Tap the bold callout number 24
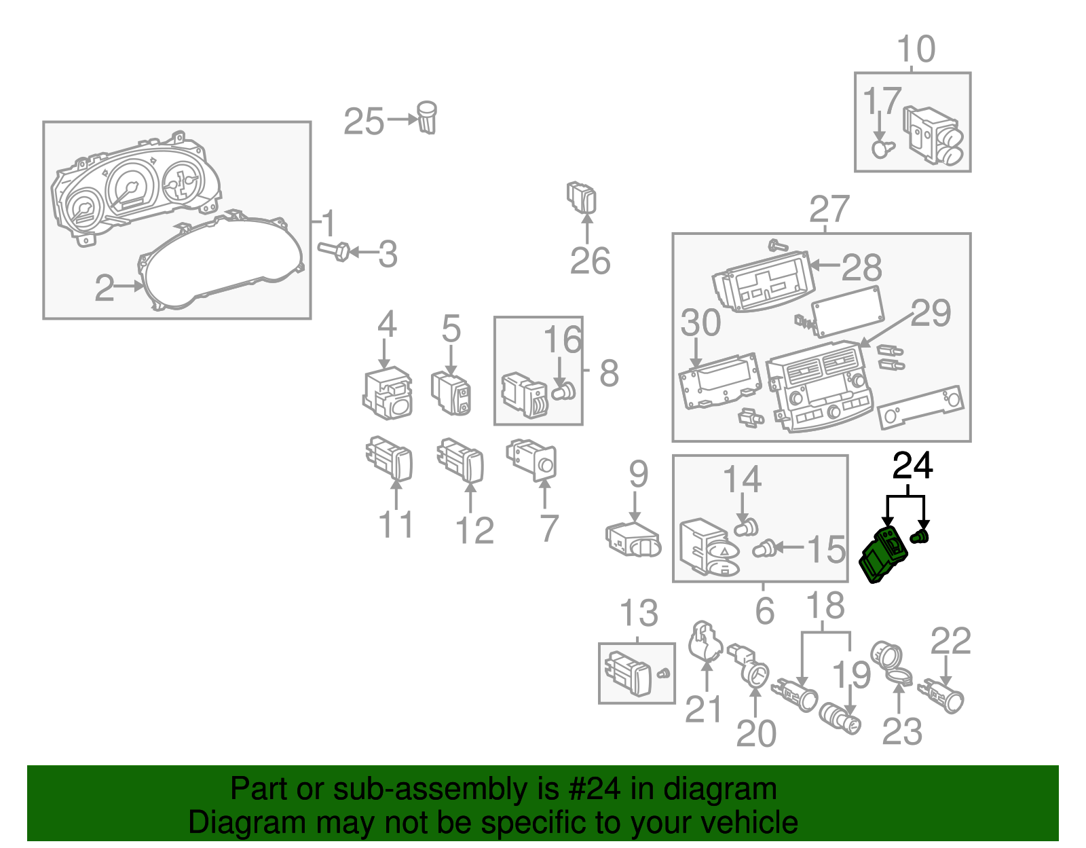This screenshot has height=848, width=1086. (912, 466)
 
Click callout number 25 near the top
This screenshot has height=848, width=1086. (364, 122)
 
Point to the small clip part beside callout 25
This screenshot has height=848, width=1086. (427, 117)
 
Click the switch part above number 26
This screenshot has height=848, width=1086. (582, 197)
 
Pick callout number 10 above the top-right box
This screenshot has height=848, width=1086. (916, 50)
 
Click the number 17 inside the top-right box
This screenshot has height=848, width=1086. (881, 102)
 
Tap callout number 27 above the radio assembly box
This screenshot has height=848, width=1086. (829, 209)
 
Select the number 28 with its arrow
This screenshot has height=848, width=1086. (861, 268)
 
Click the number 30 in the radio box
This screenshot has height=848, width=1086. (700, 322)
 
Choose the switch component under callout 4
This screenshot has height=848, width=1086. (388, 394)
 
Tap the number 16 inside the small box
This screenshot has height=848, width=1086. (563, 340)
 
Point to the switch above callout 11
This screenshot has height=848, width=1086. (390, 459)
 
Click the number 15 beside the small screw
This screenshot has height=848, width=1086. (826, 549)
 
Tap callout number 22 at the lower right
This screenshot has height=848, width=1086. (950, 641)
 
